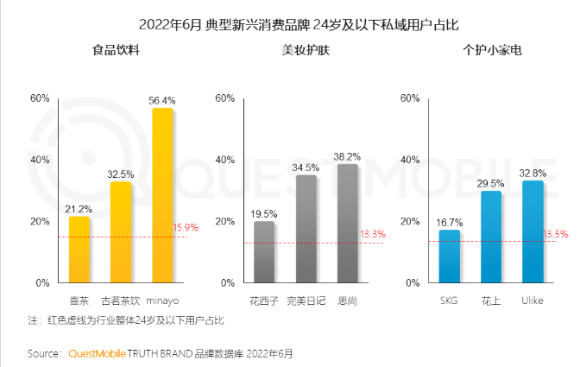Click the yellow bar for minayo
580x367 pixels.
(162, 196)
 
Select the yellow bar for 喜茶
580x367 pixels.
(79, 250)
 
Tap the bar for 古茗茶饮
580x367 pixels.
(121, 232)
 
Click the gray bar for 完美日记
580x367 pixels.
(306, 229)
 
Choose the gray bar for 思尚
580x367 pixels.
(347, 224)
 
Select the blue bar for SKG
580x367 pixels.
(450, 256)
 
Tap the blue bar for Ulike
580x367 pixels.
(533, 231)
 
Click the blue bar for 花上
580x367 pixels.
(491, 237)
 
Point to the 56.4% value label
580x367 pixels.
(162, 100)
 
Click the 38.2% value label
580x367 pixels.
(347, 156)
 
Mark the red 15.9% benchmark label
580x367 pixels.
(186, 228)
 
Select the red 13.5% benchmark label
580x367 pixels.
(555, 234)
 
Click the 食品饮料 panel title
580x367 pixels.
(117, 50)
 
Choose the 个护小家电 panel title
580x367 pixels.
(492, 50)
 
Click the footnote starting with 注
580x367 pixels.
(125, 320)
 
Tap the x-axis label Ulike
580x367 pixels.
(533, 301)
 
